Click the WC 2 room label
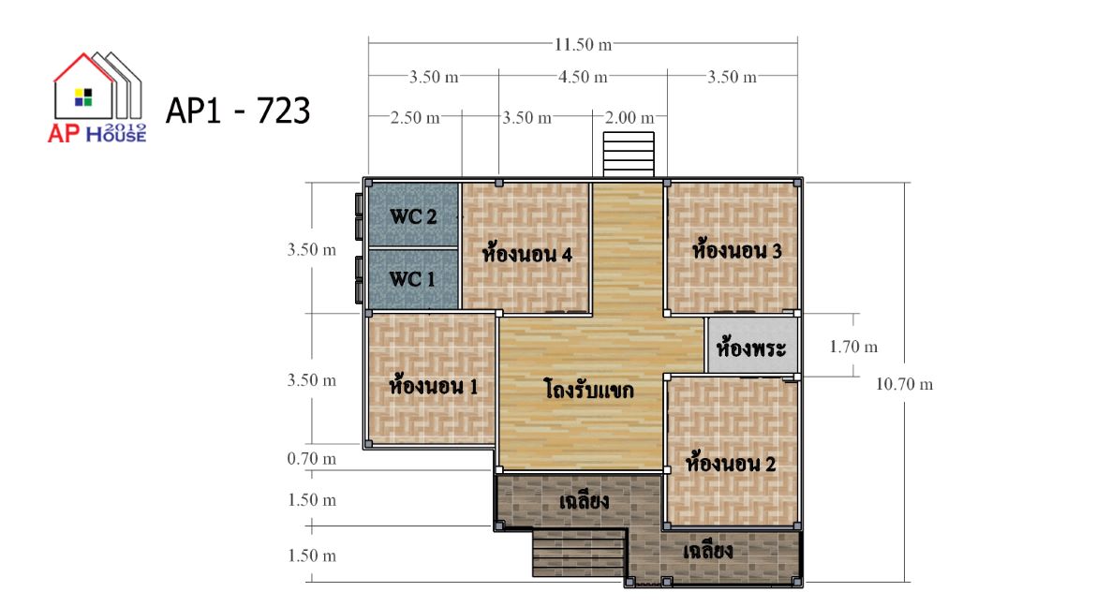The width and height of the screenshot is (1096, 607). click(x=413, y=216)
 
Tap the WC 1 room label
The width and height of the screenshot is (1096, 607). click(x=412, y=279)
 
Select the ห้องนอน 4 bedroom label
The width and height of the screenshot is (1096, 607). click(x=527, y=253)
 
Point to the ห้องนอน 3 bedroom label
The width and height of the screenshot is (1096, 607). click(x=736, y=250)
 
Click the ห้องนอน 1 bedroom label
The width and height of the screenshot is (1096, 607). click(x=434, y=385)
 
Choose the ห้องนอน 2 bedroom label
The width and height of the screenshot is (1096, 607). click(x=731, y=463)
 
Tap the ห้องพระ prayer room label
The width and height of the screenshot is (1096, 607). click(x=751, y=347)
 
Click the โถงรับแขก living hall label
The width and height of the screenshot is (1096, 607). click(x=588, y=389)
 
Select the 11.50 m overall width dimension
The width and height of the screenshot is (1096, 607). click(x=583, y=45)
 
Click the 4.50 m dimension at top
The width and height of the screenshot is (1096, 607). click(x=583, y=77)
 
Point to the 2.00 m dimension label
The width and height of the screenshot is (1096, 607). click(x=629, y=117)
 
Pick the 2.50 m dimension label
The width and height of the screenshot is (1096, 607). click(x=415, y=117)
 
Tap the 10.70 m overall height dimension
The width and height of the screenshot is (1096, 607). click(x=905, y=384)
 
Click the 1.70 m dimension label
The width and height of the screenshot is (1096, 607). click(x=853, y=347)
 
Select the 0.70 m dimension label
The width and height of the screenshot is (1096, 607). click(x=312, y=459)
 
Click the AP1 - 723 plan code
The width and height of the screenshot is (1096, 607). click(x=238, y=111)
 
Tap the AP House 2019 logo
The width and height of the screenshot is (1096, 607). click(x=97, y=97)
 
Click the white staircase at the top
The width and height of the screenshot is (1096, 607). click(x=629, y=154)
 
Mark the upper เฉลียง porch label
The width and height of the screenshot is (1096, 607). click(x=584, y=501)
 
